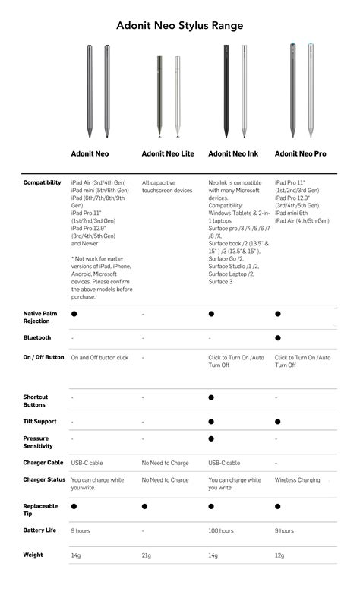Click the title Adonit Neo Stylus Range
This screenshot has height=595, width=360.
coord(180,26)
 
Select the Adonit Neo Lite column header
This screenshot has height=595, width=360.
coord(168,153)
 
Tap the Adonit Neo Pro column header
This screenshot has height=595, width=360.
coord(301,153)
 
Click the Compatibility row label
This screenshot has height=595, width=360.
coord(43,182)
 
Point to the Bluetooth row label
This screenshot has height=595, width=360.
coord(37,337)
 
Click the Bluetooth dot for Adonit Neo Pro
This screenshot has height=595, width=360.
coord(278,337)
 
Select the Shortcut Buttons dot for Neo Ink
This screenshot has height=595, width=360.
coord(211,397)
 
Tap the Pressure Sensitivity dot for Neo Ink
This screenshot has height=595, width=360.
coord(211,438)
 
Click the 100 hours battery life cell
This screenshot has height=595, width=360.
coord(221,530)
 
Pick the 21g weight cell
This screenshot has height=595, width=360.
coord(147,555)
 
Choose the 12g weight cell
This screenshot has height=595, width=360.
coord(279,555)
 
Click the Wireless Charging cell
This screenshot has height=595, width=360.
coord(298,480)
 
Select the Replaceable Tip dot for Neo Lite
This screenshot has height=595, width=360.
coord(144,505)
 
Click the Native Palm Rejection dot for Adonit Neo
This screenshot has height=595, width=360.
coord(74,313)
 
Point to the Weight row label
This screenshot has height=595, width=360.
coord(33,555)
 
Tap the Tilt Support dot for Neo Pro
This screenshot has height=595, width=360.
coord(278,421)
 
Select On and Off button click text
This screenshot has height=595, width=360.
coord(99,357)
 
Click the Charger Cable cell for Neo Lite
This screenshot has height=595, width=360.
coord(165,462)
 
